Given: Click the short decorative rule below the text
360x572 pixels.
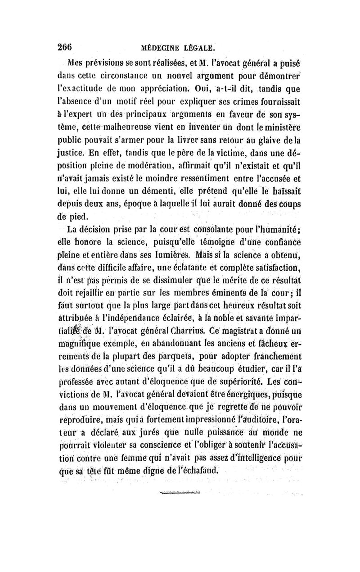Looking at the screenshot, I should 180,493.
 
